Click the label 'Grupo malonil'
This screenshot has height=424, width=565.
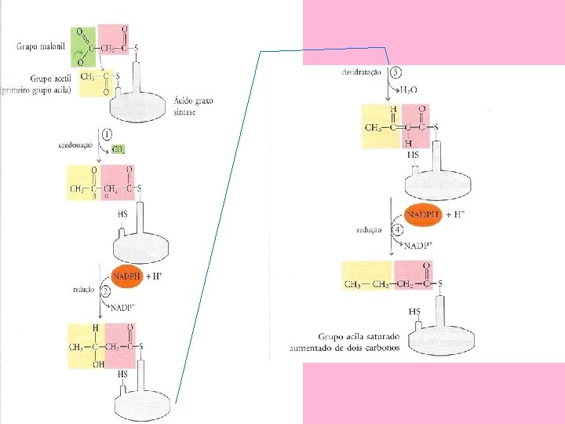[x=42, y=46]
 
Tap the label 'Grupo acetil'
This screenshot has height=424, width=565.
[x=49, y=79]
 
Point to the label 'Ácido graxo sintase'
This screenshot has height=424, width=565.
[x=193, y=105]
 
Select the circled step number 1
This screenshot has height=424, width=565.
[x=106, y=134]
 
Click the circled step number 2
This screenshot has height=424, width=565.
[x=106, y=290]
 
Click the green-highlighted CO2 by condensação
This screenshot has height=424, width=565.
[x=118, y=148]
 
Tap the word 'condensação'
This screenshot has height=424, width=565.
[x=75, y=144]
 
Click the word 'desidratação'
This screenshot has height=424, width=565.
[x=362, y=72]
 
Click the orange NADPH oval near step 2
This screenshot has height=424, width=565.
[x=126, y=276]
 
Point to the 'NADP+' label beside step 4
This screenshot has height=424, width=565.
[x=418, y=246]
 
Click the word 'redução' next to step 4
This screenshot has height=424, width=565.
[x=368, y=230]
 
